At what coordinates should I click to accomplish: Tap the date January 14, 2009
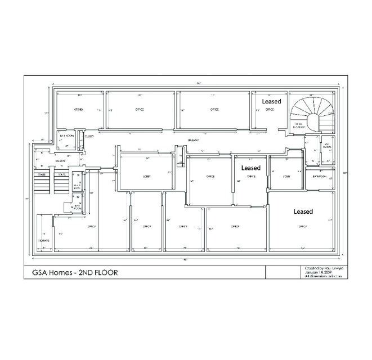316,273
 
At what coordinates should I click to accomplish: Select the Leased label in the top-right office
271,101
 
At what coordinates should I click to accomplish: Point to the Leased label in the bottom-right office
303,211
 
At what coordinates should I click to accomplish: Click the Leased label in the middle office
251,168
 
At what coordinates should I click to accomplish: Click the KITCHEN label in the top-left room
79,109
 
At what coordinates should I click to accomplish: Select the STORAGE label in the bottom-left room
44,241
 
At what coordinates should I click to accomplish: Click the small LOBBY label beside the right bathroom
279,177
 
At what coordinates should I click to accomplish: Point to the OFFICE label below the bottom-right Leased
302,226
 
